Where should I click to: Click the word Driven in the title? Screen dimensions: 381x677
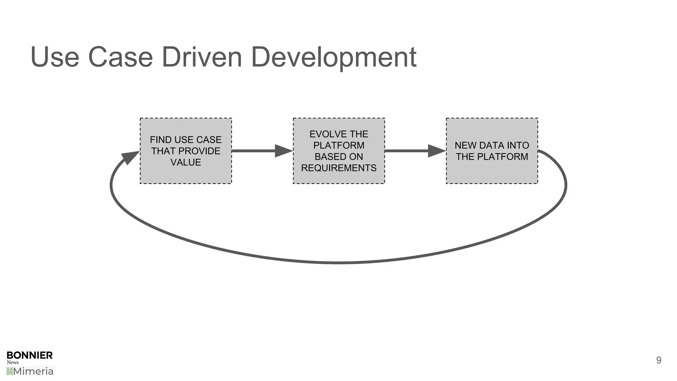[202, 57]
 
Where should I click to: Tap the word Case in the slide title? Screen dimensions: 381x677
[120, 57]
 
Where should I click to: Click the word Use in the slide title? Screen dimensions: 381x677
[55, 57]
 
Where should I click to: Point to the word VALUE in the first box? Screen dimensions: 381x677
[185, 162]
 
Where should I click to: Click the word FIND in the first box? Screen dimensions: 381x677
[160, 140]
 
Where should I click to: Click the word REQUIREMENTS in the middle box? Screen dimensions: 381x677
[338, 168]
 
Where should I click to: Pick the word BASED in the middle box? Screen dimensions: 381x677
[328, 157]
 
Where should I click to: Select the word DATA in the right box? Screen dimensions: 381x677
[492, 146]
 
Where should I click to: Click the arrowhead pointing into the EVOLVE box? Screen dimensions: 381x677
[283, 151]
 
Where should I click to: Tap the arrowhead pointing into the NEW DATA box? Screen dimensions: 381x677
[436, 151]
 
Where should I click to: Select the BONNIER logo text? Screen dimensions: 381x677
[29, 356]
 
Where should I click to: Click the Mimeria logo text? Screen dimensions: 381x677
[33, 371]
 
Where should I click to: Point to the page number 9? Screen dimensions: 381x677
[658, 360]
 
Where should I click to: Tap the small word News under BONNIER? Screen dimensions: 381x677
[13, 362]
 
